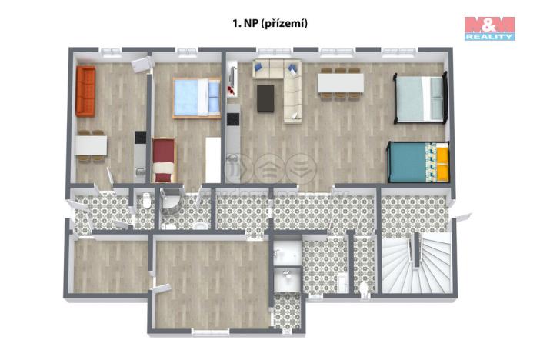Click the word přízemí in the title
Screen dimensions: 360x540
[285, 24]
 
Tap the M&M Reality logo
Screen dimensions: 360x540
[489, 28]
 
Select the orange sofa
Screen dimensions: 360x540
[85, 92]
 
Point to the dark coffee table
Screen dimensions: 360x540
[266, 98]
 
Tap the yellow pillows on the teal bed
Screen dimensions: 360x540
[443, 162]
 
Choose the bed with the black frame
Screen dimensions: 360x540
[420, 98]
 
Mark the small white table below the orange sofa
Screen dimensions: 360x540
[92, 145]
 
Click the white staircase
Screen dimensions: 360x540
[416, 264]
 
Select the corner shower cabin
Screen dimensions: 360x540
[170, 203]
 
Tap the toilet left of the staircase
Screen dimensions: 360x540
[363, 286]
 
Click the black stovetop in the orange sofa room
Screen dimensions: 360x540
[140, 138]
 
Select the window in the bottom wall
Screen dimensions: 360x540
[211, 333]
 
